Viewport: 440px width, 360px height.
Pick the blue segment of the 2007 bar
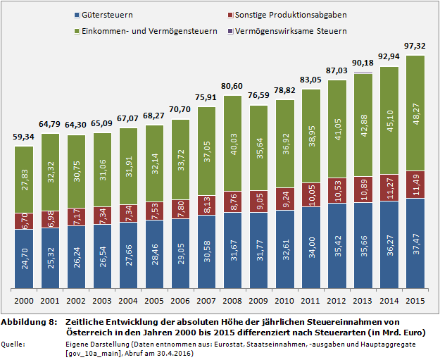208,252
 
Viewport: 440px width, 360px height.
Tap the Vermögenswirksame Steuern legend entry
287,31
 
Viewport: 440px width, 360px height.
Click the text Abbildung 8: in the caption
28,321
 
